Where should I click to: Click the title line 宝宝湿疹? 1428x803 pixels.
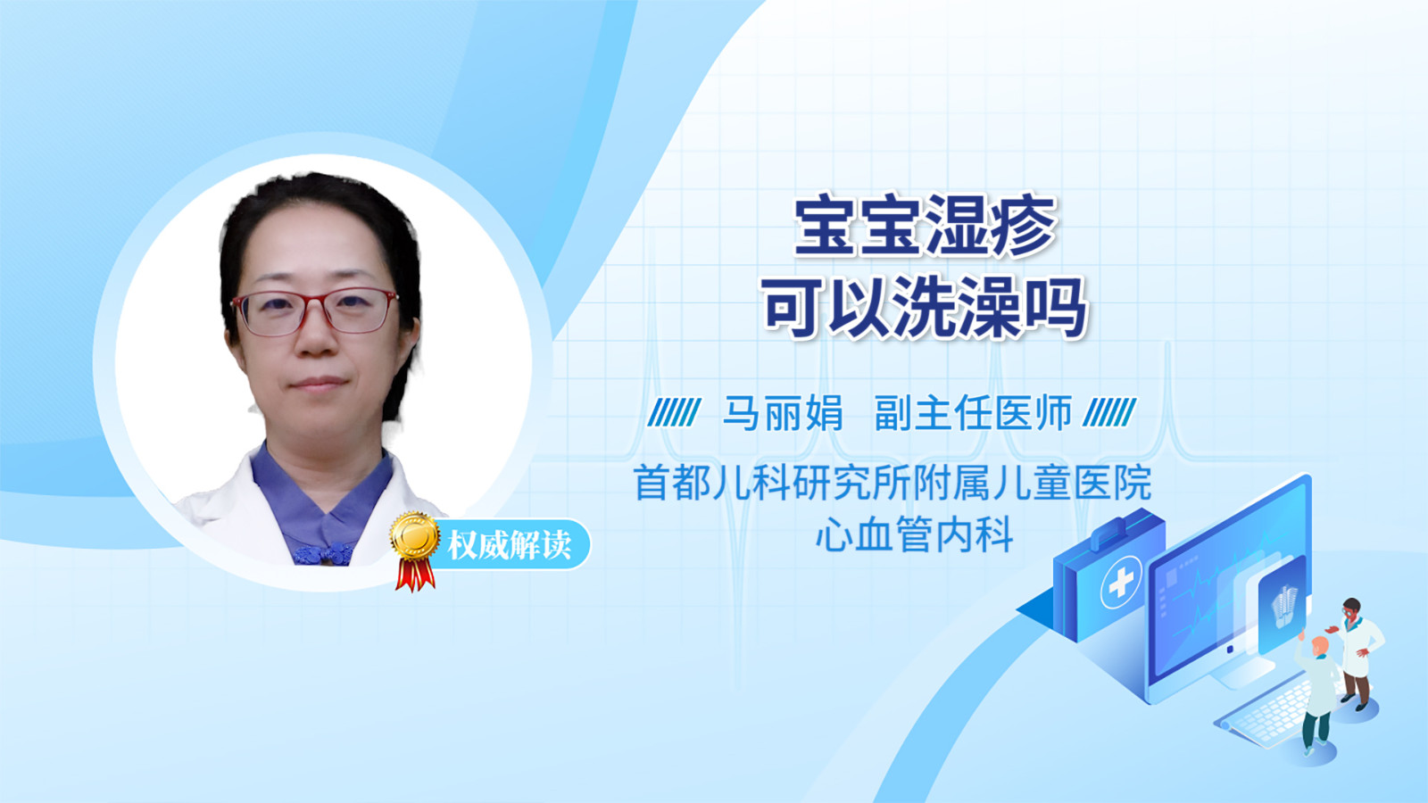[925, 227]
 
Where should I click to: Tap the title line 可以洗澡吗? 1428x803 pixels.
[925, 308]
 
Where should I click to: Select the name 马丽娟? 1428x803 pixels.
[783, 413]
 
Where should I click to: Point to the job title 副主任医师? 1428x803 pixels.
[974, 413]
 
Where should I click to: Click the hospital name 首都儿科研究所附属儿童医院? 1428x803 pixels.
[892, 483]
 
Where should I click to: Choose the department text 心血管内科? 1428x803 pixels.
[915, 534]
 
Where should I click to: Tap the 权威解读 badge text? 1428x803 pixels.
[509, 545]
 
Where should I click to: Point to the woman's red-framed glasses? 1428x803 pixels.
[315, 311]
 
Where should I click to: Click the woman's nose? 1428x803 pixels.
[317, 338]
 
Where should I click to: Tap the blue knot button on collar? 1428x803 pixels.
[324, 554]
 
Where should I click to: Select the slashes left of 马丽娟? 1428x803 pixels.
[674, 413]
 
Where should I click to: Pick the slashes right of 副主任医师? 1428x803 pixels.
[1110, 413]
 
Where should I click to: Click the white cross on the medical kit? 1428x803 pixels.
[1121, 583]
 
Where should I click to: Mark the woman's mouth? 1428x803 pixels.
[318, 384]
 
